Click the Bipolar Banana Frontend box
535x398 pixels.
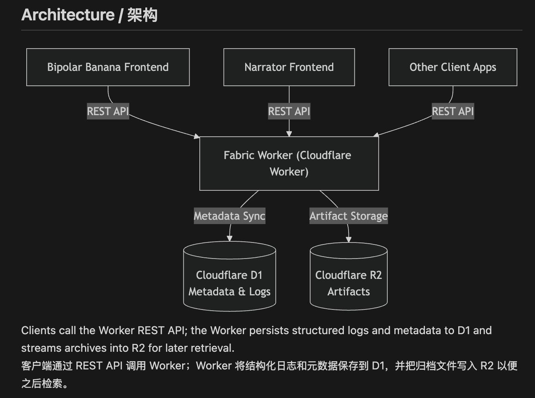108,67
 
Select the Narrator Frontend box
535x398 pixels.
289,67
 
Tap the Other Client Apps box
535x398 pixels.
453,67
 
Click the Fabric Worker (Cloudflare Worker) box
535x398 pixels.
289,163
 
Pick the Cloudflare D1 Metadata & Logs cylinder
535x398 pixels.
230,283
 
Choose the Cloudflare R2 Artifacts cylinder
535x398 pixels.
349,283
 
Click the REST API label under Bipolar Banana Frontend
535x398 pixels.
108,111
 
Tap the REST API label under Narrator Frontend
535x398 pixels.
289,111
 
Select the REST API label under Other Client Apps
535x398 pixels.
453,111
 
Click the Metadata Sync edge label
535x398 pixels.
230,216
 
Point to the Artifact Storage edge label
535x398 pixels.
349,216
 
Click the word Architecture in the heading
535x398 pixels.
68,15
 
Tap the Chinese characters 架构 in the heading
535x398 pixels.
142,15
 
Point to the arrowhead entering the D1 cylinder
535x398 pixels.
230,239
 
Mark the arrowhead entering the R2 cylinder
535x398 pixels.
349,239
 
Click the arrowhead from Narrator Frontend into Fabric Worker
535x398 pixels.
289,134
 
